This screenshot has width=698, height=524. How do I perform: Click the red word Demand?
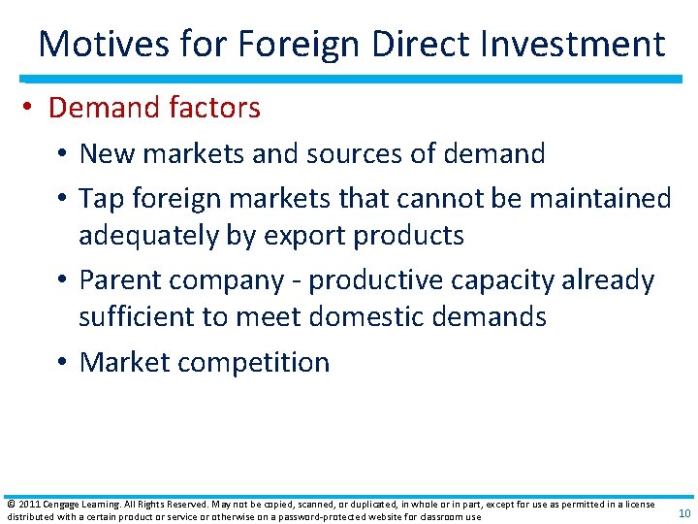[96, 108]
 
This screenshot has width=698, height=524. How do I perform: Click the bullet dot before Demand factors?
[33, 108]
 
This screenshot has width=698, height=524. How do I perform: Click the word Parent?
[120, 280]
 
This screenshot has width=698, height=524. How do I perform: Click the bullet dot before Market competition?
[64, 363]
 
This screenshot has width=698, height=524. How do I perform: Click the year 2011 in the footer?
[26, 505]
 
